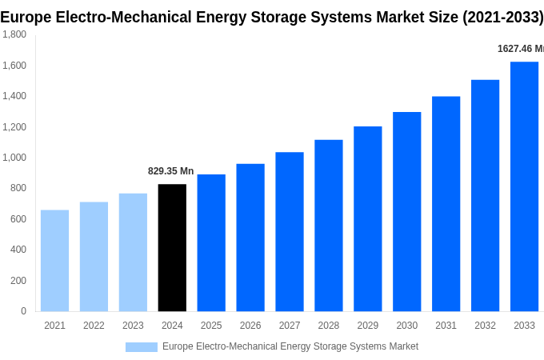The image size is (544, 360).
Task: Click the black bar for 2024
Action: tap(172, 248)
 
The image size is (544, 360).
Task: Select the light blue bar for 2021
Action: tap(54, 261)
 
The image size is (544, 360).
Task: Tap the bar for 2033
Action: tap(524, 186)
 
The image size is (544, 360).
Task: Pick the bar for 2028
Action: tap(328, 226)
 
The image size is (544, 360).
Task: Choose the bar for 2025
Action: tap(211, 243)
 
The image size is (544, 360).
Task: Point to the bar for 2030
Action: tap(406, 212)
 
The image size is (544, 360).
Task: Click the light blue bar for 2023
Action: tap(133, 253)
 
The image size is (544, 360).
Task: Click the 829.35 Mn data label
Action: tap(171, 171)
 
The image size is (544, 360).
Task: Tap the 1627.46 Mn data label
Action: tap(520, 49)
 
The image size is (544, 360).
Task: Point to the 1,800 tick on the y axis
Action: tap(14, 34)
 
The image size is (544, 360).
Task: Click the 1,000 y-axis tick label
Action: tap(14, 158)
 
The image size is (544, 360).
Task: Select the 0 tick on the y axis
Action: tap(23, 311)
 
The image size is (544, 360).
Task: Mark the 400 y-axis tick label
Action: tap(18, 250)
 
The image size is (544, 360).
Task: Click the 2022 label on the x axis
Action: tap(94, 326)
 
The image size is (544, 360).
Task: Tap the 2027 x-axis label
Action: tap(290, 326)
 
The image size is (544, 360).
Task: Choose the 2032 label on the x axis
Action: tap(485, 326)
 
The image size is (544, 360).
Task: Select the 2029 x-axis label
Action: tap(367, 326)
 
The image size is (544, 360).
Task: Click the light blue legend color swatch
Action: tap(142, 347)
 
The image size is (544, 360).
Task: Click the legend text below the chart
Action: tap(290, 346)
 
